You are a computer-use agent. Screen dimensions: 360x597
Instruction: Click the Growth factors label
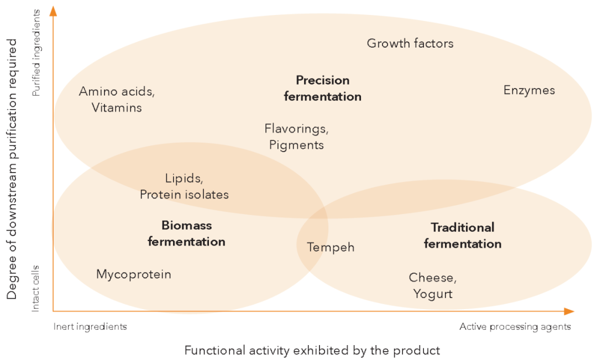coord(410,43)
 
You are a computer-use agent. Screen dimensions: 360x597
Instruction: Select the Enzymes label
coord(528,90)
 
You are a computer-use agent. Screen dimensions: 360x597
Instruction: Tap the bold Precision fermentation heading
coord(322,88)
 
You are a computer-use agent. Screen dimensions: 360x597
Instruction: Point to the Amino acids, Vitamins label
coord(117,100)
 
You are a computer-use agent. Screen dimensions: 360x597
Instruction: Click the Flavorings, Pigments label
coord(296,137)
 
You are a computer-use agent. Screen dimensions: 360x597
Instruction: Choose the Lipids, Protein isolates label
coord(184,186)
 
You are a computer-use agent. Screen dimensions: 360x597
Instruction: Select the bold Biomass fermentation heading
coord(186,233)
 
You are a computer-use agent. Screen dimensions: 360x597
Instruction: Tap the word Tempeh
coord(331,247)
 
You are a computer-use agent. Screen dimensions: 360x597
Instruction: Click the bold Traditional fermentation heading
coord(462,236)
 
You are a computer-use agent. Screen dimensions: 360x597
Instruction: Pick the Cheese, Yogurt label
coord(433,285)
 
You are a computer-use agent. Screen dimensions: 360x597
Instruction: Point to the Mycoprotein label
coord(134,274)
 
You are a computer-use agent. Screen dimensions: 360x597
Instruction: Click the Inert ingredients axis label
coord(90,327)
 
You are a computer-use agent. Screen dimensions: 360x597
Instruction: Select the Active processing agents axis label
coord(515,327)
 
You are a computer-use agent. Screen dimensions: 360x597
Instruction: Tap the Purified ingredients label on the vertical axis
coord(36,53)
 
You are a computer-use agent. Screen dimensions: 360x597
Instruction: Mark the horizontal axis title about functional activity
coord(312,351)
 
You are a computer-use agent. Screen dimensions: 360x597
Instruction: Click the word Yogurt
coord(432,294)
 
